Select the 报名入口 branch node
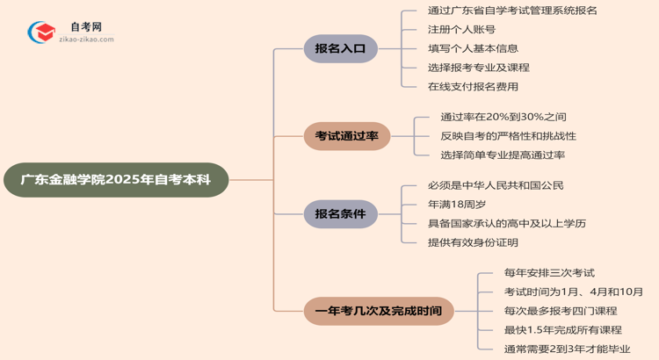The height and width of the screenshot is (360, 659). tap(340, 49)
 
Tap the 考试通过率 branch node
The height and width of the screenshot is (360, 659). tap(346, 136)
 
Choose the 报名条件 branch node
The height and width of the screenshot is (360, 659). tap(340, 213)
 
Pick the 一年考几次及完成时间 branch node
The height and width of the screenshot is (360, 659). tap(379, 311)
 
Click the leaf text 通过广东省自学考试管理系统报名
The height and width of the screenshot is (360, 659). tap(512, 11)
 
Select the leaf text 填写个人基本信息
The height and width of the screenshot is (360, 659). tap(473, 48)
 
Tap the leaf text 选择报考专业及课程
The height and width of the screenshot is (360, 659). tap(478, 68)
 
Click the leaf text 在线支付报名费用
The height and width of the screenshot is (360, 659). tap(473, 87)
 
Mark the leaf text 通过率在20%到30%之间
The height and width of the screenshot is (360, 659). tap(503, 117)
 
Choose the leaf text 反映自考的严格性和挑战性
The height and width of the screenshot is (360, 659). tap(508, 136)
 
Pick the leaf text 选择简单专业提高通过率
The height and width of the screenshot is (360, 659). tap(503, 155)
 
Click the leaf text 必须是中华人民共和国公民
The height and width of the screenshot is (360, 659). tap(496, 185)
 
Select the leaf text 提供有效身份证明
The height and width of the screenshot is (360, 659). tap(473, 242)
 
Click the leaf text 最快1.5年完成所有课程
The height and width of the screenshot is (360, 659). tap(562, 330)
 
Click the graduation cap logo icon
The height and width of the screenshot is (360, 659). tap(40, 33)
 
